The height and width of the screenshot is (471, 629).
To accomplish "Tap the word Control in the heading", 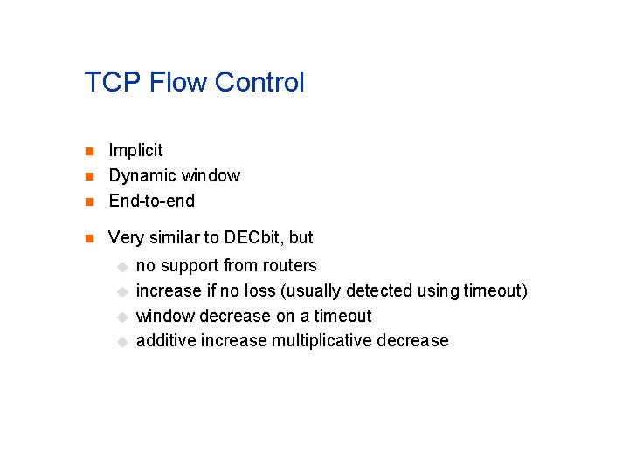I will pos(259,83).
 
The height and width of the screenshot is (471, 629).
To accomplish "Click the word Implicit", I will pos(135,151).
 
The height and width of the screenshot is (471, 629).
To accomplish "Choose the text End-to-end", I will pos(152,201).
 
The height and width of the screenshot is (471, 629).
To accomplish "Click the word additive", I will pos(166,340).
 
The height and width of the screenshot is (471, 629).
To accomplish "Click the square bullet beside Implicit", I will pos(88,152).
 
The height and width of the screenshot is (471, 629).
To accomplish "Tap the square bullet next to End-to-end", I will pos(88,201).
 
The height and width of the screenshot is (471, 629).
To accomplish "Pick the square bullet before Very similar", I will pos(88,238).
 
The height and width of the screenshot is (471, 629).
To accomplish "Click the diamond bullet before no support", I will pos(123,266).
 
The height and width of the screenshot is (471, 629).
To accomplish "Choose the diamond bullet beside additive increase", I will pos(123,341).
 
